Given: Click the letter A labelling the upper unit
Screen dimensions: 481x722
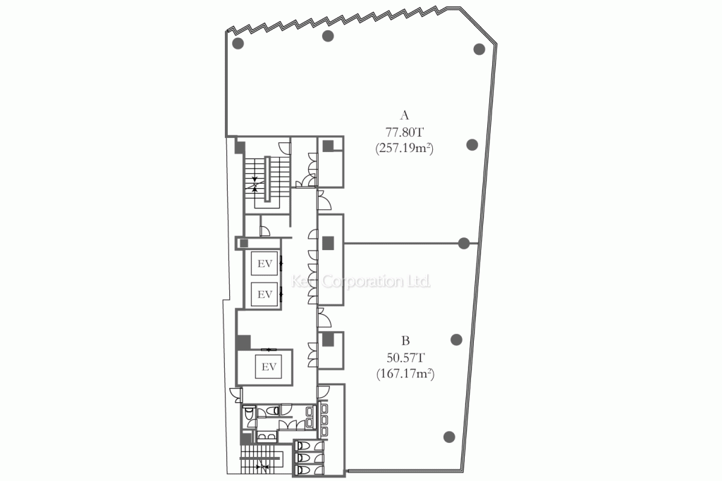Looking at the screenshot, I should tap(404, 115).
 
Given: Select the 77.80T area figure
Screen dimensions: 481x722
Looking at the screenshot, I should tap(404, 131).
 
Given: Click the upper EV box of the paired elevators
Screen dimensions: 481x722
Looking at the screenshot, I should tap(265, 264).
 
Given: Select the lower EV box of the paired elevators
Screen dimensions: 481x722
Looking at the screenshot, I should tap(265, 294).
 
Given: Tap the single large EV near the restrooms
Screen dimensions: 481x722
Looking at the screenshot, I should tap(268, 367).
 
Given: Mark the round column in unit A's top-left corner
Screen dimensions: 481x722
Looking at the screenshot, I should tap(238, 44).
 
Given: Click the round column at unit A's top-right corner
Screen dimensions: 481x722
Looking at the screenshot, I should tap(479, 49).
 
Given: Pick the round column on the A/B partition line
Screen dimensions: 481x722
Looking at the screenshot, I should tap(464, 244).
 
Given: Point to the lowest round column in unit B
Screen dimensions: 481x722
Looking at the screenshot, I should tap(448, 435).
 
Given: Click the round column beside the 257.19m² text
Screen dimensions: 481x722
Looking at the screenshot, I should tap(472, 145).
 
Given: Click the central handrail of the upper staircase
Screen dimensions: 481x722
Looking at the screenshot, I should tap(268, 180).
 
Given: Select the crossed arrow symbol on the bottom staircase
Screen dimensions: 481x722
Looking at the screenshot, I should tap(261, 466).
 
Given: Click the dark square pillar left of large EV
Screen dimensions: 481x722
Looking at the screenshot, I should tap(244, 342).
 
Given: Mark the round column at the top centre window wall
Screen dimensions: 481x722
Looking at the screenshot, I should tap(327, 37).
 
